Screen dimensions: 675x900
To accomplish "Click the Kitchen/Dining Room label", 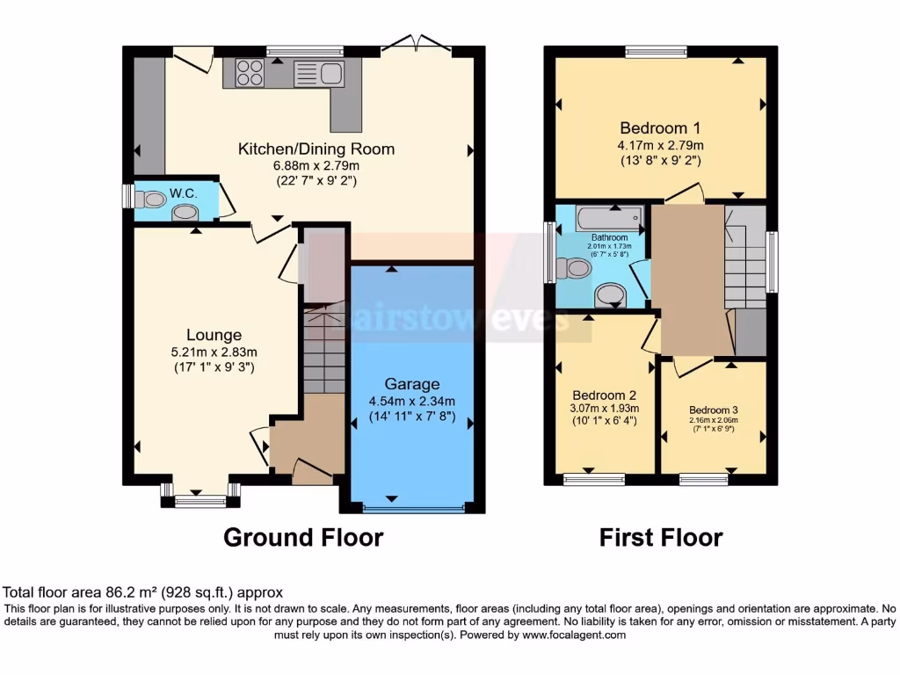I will (316, 149).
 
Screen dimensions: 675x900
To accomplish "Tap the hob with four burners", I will (249, 72).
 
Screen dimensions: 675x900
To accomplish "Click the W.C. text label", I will (182, 192).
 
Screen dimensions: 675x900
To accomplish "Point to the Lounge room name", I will (214, 335).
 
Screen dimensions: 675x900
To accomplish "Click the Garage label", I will (411, 384).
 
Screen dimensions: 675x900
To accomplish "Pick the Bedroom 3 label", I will (713, 410).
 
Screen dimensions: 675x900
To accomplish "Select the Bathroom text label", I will (608, 237).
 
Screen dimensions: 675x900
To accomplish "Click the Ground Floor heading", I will (303, 537).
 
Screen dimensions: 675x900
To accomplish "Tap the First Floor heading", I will (661, 537).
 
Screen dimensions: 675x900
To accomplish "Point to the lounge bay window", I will (200, 499).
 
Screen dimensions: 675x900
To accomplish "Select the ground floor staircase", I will (324, 347).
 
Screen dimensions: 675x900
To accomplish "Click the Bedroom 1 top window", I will (656, 52).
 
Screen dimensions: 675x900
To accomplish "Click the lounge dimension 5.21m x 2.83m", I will (214, 352).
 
